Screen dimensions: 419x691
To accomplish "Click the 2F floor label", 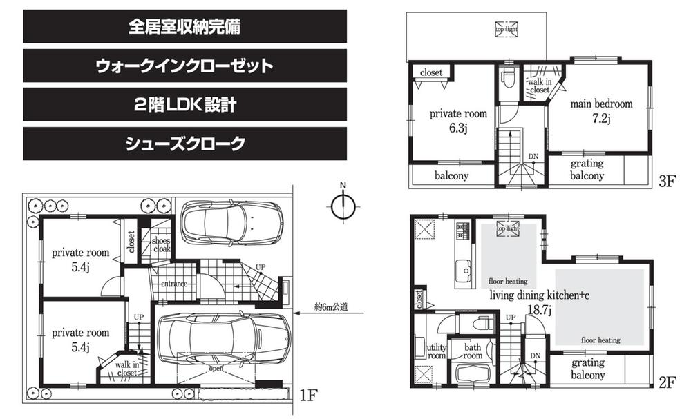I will pos(666,381).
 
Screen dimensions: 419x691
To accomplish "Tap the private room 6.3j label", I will pos(459,120).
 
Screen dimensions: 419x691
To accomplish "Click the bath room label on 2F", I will pos(472,352).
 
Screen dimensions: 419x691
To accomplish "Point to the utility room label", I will pos(437,350).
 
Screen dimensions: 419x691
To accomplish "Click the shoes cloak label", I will pos(161,245).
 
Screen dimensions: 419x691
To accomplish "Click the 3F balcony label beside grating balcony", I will pos(452,175).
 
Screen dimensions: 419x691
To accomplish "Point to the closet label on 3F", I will pos(431,72).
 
